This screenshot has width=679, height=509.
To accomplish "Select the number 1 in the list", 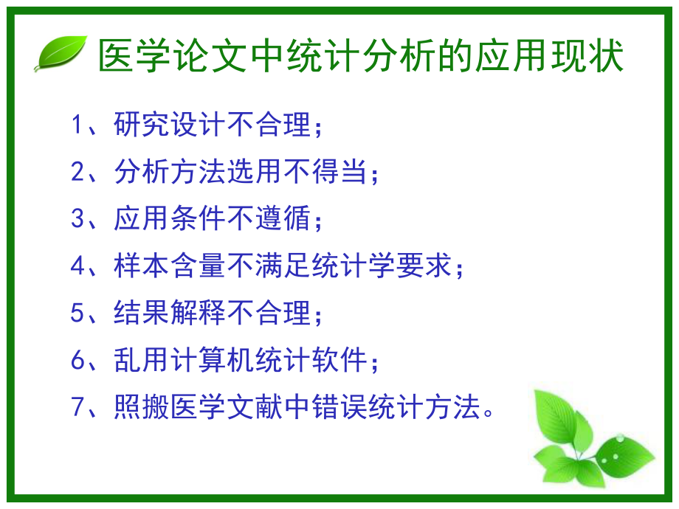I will pos(79,125).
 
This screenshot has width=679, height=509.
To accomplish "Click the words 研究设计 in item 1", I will pos(164,125).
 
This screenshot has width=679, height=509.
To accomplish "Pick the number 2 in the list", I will pos(79,173).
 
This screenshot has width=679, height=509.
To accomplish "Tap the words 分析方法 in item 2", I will pos(164,173).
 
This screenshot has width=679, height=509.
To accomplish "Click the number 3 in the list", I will pos(79,220).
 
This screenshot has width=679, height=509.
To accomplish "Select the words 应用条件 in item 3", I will pos(164,220).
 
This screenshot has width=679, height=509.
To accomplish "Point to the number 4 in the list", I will pos(79,266).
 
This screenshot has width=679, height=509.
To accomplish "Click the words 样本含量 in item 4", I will pos(164,266).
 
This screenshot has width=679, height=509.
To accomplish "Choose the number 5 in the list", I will pos(79,314).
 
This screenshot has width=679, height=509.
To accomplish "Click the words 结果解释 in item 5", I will pos(164,314).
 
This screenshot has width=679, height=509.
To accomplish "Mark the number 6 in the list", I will pos(79,361).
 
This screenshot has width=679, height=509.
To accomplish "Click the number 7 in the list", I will pos(79,407).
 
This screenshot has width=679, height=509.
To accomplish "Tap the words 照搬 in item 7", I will pos(141,407).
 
